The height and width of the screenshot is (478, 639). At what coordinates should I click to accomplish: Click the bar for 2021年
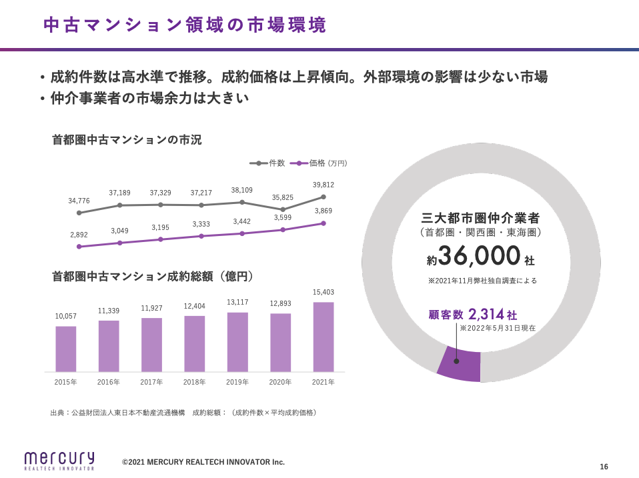324,337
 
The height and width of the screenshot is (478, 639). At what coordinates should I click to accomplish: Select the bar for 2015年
65,349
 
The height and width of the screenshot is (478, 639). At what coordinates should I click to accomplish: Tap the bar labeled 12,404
195,343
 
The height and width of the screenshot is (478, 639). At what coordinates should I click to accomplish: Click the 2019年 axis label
237,382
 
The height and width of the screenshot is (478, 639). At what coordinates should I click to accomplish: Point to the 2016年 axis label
109,382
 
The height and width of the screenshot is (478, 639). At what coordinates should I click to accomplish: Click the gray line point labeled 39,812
324,197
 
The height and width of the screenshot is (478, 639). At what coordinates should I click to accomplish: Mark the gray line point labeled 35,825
283,209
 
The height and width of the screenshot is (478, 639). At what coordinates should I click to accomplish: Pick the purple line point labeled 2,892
79,247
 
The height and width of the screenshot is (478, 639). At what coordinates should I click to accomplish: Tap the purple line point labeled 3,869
324,223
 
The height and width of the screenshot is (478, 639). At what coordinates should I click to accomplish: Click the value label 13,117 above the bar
237,302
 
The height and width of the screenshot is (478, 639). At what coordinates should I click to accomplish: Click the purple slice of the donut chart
460,364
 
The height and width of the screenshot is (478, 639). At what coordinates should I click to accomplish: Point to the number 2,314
486,314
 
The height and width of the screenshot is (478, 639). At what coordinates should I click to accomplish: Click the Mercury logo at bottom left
59,460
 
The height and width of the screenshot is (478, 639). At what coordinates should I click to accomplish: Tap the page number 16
604,467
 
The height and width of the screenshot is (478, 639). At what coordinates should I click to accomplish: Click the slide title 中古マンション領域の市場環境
185,25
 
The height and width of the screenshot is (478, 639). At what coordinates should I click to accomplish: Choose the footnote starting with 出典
183,413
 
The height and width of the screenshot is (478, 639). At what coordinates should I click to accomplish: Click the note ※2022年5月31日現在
498,328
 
